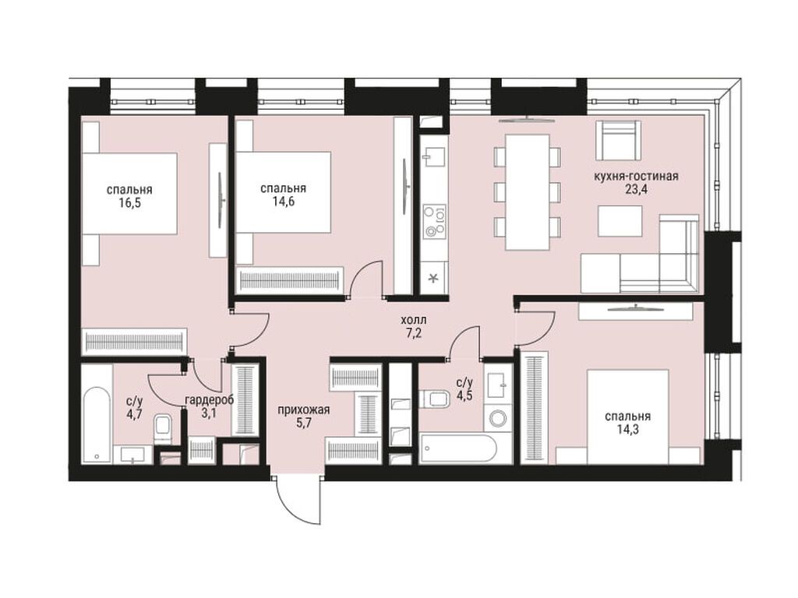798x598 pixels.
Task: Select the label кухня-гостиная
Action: pos(636,177)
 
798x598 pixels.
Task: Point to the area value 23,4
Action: pos(636,190)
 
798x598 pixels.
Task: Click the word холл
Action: pos(414,320)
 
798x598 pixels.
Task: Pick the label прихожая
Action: pos(304,410)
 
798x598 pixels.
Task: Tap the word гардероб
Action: pos(209,399)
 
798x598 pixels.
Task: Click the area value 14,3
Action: pos(627,430)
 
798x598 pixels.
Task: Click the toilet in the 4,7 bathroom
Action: pos(164,430)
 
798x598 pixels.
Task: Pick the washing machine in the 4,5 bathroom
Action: pos(498,418)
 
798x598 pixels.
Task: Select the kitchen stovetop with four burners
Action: pos(435,221)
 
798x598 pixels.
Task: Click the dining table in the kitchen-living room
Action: pos(528,192)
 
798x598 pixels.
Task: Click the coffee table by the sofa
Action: pos(620,220)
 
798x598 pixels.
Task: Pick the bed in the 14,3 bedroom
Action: pos(627,417)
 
